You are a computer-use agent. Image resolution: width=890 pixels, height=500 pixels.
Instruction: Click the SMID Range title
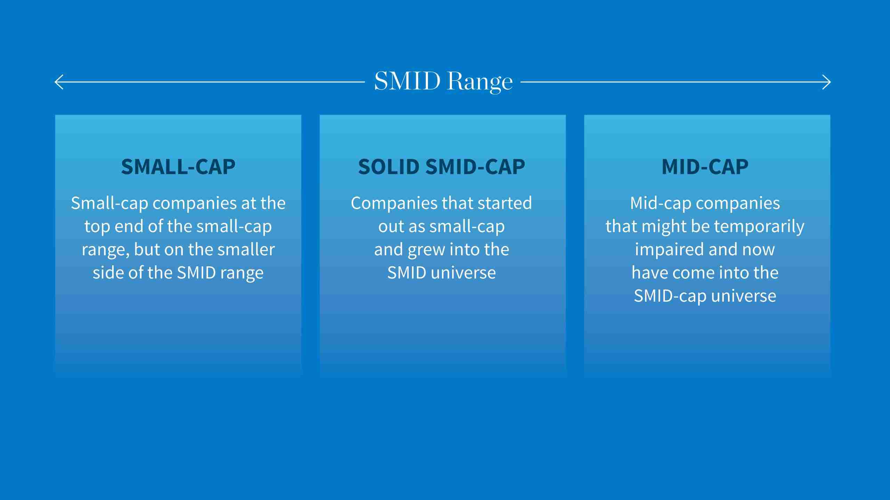tap(443, 82)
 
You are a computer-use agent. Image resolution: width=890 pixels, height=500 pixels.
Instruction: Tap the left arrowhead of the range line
tap(58, 82)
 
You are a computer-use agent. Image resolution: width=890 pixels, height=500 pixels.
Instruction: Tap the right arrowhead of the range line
tap(828, 82)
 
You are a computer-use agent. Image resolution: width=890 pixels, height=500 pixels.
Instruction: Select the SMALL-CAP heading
tap(178, 167)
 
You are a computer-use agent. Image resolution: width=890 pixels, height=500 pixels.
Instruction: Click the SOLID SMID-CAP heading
tap(442, 167)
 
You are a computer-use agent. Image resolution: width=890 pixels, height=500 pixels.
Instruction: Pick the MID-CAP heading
tap(705, 167)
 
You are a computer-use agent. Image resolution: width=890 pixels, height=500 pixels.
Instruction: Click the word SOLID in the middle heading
tap(389, 167)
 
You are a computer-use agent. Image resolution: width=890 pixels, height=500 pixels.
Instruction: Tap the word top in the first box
tap(97, 227)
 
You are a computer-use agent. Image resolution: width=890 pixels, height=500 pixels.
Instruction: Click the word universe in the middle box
tap(463, 273)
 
